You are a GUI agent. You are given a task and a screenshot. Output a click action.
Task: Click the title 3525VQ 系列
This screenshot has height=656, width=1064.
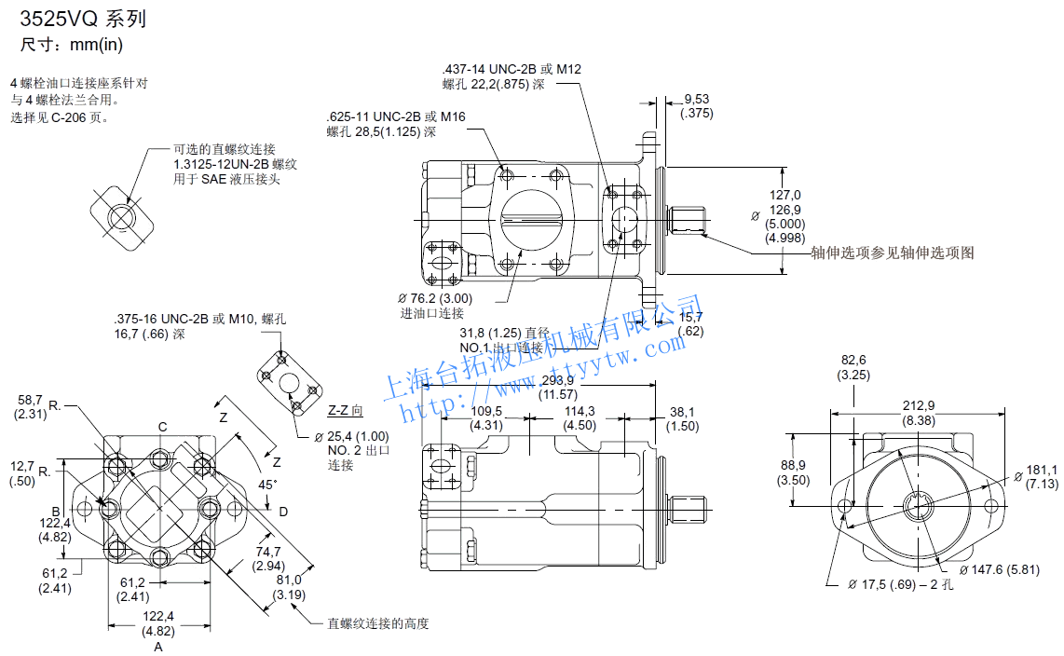pos(83,20)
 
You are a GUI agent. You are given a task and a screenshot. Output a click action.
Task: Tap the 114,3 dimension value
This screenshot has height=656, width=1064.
pos(580,411)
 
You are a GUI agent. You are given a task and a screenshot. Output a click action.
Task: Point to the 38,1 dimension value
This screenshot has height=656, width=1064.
pos(682,411)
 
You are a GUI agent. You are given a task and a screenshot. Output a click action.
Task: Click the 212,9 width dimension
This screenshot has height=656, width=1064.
pos(918,405)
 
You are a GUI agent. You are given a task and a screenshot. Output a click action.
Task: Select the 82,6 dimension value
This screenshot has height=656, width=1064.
pos(853,360)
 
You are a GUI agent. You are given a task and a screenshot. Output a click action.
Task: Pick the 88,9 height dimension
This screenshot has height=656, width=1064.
pos(793,465)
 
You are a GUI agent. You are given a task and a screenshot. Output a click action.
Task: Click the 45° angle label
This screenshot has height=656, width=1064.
pos(267,485)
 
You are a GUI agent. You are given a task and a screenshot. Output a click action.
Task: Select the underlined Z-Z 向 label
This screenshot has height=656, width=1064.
pos(346,410)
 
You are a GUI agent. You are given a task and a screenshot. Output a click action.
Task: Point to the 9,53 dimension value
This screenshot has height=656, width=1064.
pos(696,98)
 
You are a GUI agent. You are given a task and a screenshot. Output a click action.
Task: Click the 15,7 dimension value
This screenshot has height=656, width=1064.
pos(690,317)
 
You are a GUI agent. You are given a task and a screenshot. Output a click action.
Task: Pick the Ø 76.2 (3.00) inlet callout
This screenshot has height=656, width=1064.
pos(435,298)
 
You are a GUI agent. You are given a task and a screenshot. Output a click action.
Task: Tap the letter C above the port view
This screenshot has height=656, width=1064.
pos(162,427)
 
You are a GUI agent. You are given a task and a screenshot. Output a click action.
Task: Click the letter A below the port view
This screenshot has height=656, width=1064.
pos(157,646)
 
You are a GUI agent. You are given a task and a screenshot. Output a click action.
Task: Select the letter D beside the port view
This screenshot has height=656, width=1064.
pos(283,511)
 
